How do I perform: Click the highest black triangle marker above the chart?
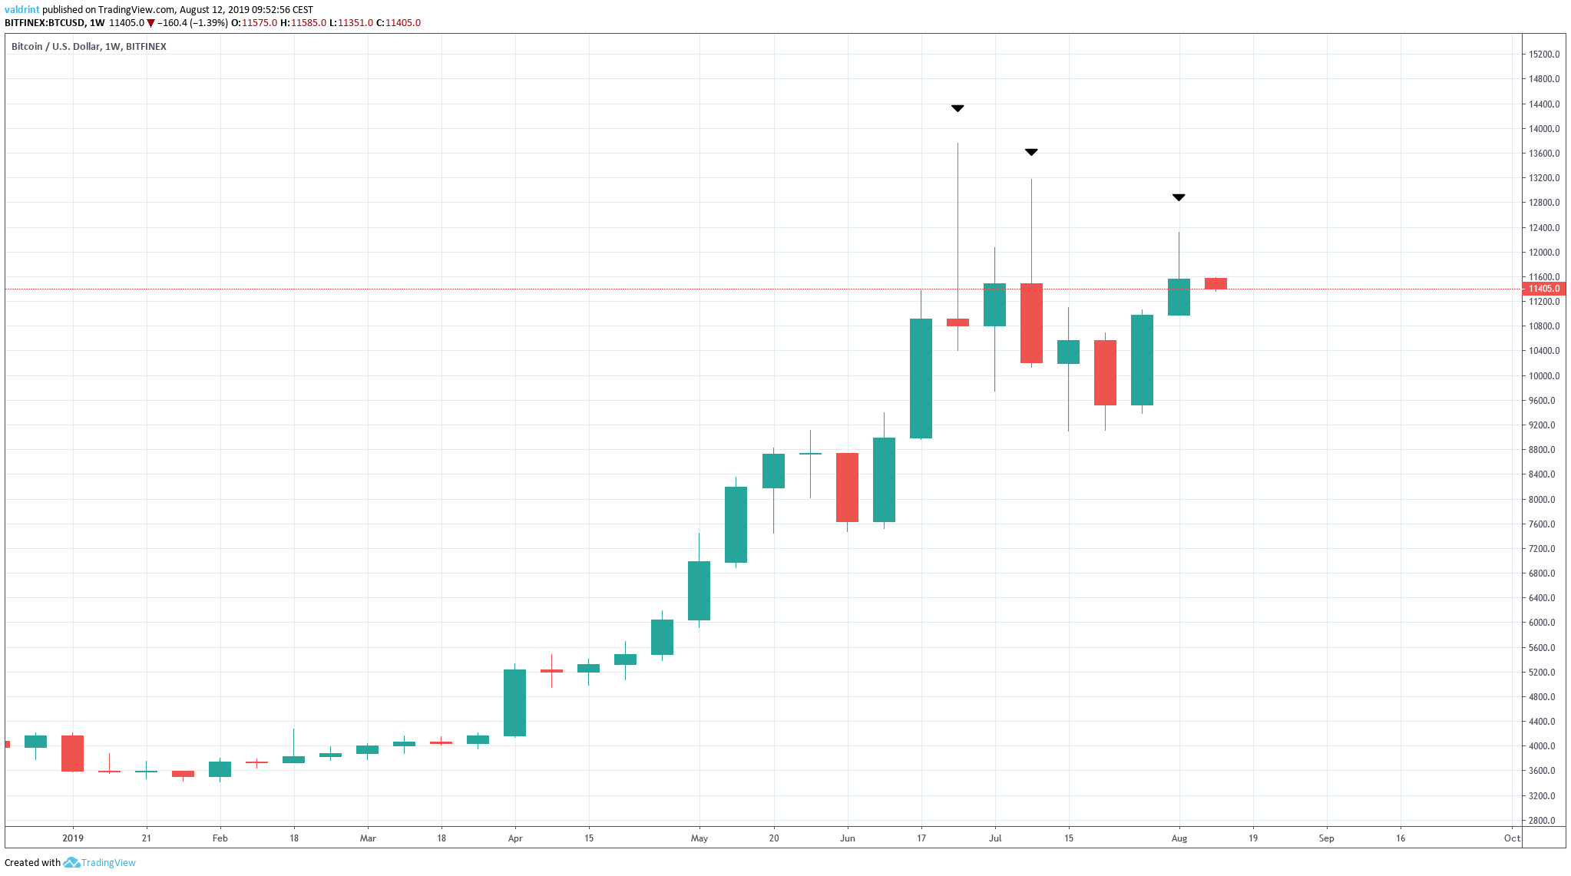[x=957, y=108]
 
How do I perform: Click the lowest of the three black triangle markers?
[x=1179, y=197]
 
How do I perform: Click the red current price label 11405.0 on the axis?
[x=1543, y=289]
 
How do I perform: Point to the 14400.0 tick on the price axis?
[x=1543, y=104]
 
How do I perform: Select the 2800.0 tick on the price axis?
[x=1543, y=820]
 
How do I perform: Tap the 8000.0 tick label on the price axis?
[x=1543, y=499]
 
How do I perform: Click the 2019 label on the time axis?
[x=73, y=838]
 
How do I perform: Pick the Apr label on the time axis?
[x=515, y=838]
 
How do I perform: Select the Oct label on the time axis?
[x=1511, y=838]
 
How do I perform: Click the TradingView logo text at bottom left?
[x=108, y=862]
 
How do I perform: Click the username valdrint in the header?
[x=21, y=10]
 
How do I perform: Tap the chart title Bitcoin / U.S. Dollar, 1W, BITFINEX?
[x=89, y=46]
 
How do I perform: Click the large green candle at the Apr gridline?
[x=514, y=702]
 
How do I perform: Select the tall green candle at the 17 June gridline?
[x=921, y=378]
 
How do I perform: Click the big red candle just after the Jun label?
[x=847, y=488]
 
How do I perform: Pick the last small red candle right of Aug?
[x=1215, y=283]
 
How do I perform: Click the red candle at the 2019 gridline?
[x=73, y=753]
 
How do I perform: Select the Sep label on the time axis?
[x=1326, y=838]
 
